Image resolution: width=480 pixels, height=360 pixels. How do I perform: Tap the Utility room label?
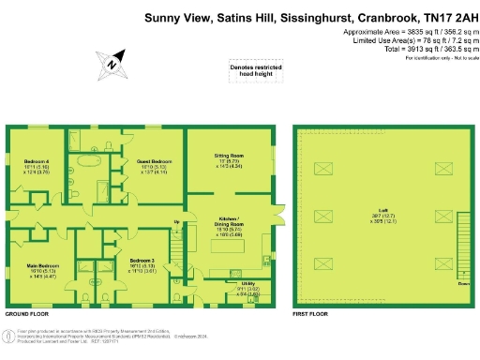point(247,282)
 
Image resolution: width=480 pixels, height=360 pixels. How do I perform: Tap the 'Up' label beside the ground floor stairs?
point(176,221)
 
